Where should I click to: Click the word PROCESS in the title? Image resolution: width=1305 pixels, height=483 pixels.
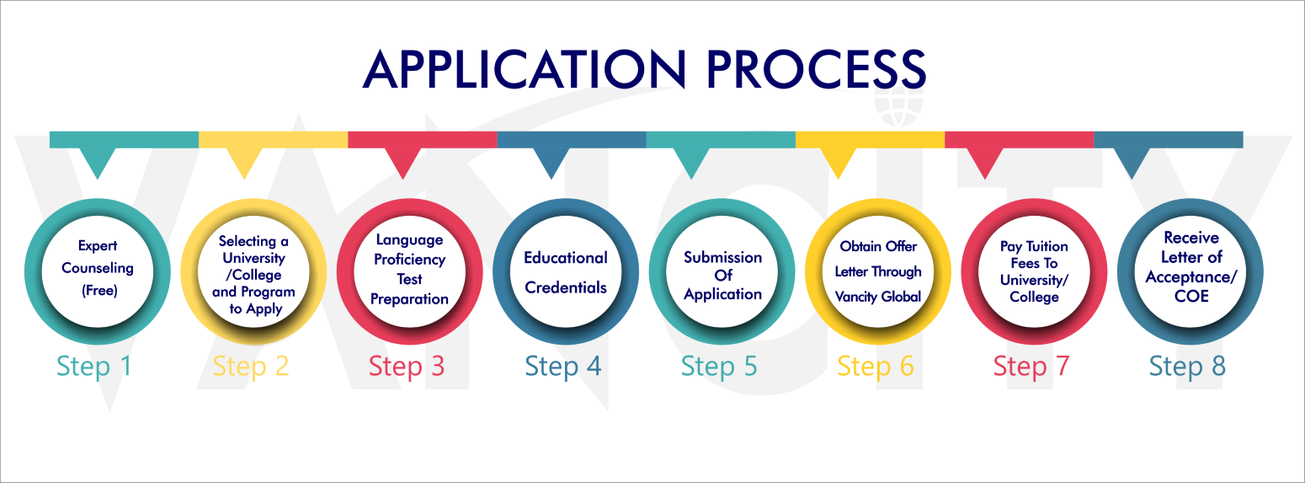[x=816, y=69]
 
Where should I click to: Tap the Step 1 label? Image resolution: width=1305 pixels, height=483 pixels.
[x=93, y=367]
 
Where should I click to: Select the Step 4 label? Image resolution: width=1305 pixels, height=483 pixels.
[x=562, y=367]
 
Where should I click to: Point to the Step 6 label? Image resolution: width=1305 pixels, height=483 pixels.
[x=876, y=367]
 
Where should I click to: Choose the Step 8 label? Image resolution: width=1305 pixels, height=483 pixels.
[x=1187, y=367]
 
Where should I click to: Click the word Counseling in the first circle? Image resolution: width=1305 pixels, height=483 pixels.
[x=98, y=268]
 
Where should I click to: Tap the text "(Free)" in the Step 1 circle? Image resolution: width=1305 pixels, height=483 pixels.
[x=99, y=291]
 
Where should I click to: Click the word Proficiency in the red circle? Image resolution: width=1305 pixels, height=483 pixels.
[x=409, y=260]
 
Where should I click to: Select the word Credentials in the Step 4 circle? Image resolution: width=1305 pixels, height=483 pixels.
[x=566, y=287]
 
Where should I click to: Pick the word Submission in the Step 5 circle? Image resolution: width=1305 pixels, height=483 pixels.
[x=723, y=257]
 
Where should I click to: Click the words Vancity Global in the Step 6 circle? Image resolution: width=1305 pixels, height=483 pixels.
[x=878, y=297]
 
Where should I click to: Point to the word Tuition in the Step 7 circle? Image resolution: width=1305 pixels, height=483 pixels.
[x=1047, y=246]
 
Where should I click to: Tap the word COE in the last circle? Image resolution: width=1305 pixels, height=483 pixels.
[x=1191, y=297]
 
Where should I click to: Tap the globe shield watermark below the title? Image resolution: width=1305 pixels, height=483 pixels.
[x=899, y=108]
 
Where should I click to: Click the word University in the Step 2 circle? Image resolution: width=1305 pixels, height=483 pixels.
[x=254, y=258]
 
